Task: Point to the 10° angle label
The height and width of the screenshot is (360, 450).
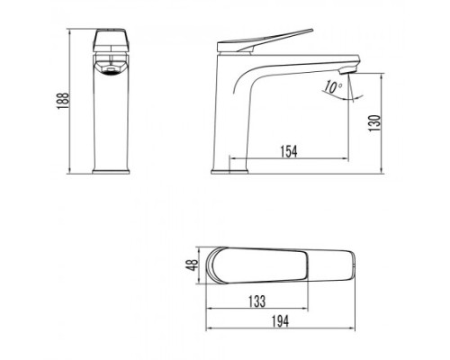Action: pyautogui.click(x=333, y=87)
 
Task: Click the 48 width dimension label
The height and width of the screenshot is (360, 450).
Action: pyautogui.click(x=191, y=265)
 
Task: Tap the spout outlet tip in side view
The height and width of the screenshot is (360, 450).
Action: pyautogui.click(x=352, y=69)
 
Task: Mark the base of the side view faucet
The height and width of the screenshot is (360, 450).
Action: pyautogui.click(x=229, y=170)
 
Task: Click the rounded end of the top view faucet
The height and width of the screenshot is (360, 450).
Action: pyautogui.click(x=217, y=265)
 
